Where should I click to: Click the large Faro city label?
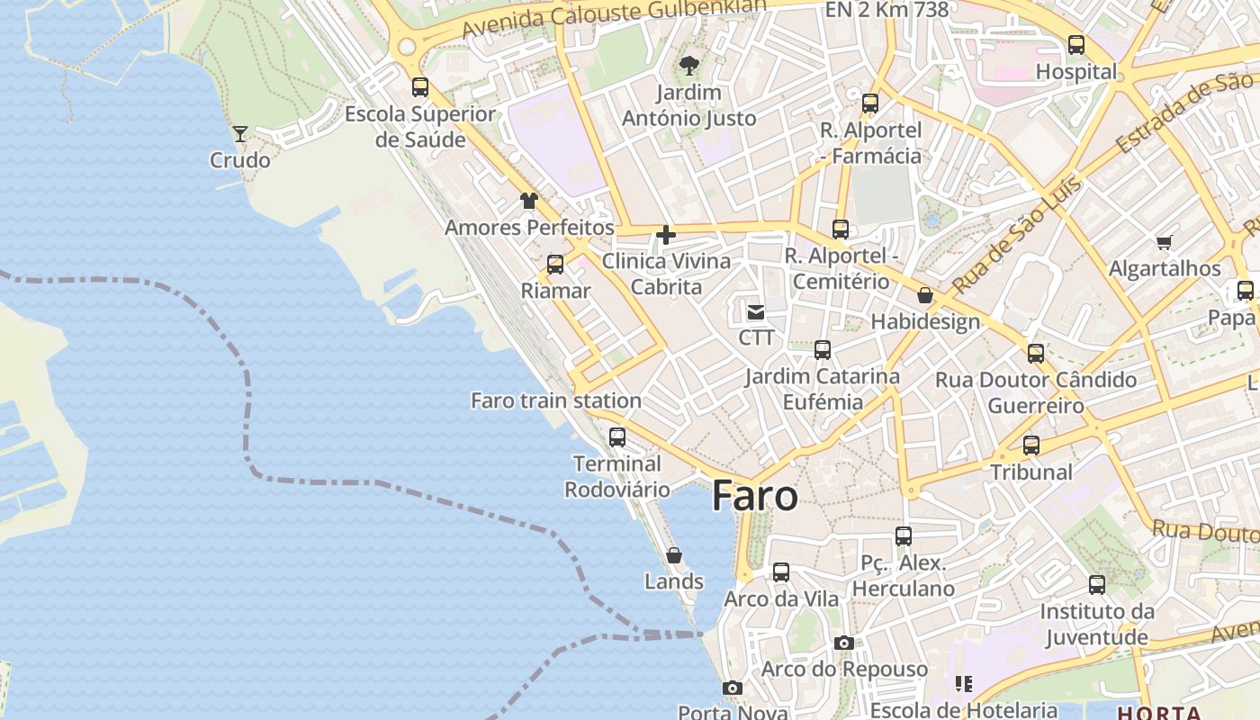[x=754, y=496]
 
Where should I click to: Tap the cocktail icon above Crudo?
[x=240, y=134]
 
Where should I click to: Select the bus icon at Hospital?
[x=1075, y=44]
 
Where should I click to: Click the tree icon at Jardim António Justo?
[x=688, y=65]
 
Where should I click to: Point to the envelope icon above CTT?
[x=756, y=312]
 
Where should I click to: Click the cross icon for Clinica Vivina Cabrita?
[x=666, y=235]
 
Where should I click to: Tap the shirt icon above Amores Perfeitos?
[x=528, y=200]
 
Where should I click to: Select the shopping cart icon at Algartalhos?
[x=1165, y=241]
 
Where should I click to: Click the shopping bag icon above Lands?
[x=673, y=555]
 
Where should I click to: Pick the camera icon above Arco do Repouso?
[x=843, y=643]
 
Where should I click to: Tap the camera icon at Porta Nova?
[x=733, y=688]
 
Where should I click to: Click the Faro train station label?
[x=556, y=400]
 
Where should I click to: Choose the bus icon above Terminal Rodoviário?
[x=616, y=437]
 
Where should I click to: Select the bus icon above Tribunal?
[x=1031, y=445]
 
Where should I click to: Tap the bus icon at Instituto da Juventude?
[x=1096, y=585]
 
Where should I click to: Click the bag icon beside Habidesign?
[x=924, y=295]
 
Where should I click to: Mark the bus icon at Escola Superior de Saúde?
[x=420, y=87]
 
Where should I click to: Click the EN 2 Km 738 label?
[x=886, y=10]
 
